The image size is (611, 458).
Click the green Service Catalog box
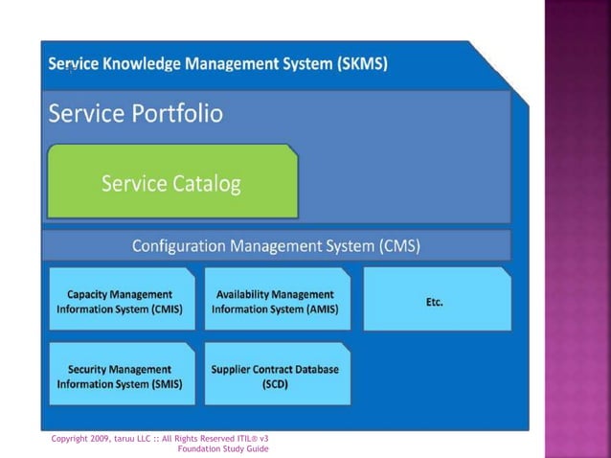(x=172, y=182)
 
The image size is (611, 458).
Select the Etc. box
(x=437, y=301)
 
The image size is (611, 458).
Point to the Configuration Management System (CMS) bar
(x=276, y=245)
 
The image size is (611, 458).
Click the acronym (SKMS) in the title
(x=362, y=64)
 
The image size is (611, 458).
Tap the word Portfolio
(x=175, y=115)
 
